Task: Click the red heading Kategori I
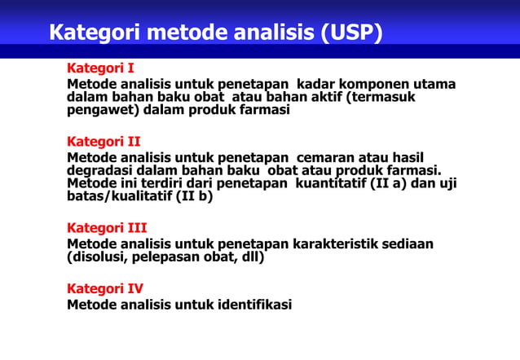(100, 68)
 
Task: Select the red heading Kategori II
(104, 141)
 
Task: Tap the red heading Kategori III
(107, 227)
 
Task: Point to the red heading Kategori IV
(105, 288)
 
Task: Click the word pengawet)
(101, 110)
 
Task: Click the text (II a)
(390, 183)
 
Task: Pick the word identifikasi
(254, 305)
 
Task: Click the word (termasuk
(381, 97)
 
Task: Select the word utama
(434, 85)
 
